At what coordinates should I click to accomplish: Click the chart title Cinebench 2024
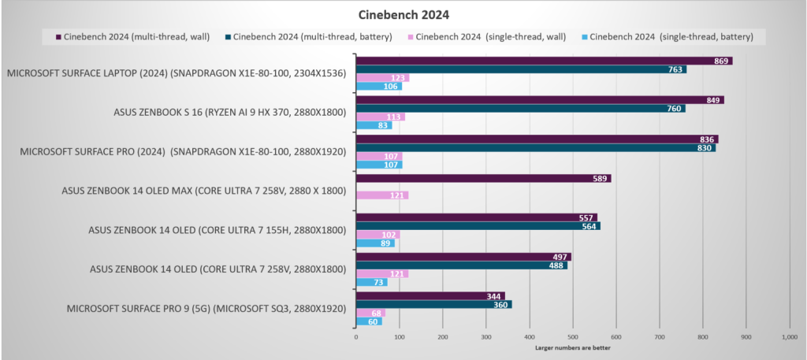(x=403, y=13)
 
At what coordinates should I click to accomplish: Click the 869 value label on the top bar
(x=720, y=61)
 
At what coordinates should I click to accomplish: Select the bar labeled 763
(x=520, y=69)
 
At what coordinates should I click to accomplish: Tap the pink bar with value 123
(x=382, y=78)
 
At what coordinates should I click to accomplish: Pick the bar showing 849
(x=539, y=100)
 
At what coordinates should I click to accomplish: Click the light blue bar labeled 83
(x=374, y=125)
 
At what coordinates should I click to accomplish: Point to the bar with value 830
(x=535, y=147)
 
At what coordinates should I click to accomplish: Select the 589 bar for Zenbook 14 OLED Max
(x=483, y=178)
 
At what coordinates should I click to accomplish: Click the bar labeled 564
(x=478, y=226)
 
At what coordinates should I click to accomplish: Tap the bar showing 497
(x=463, y=257)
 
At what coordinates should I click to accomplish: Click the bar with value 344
(x=430, y=296)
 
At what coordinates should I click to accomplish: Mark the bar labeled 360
(x=433, y=304)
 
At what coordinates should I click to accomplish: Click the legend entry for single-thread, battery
(x=669, y=36)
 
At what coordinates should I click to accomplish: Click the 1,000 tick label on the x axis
(x=789, y=337)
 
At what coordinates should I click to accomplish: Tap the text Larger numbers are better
(x=573, y=347)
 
